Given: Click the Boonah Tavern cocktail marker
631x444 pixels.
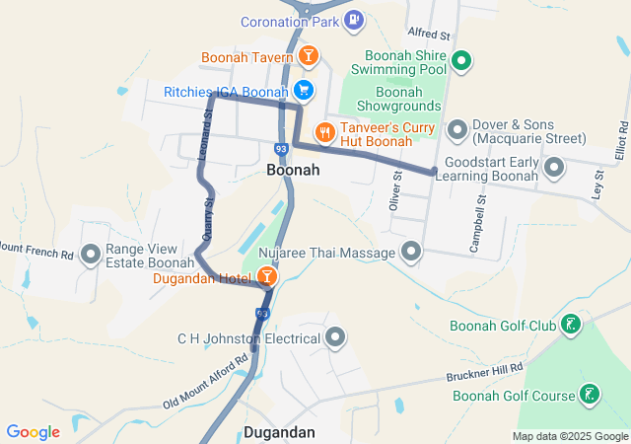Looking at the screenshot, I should [x=308, y=56].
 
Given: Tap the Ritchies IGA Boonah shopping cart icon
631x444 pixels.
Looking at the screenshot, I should [x=304, y=92].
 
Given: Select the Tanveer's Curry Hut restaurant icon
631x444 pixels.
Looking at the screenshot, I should [x=324, y=131].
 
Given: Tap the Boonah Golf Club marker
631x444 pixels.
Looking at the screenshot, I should [x=570, y=325].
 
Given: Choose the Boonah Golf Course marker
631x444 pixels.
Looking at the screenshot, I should [x=590, y=396].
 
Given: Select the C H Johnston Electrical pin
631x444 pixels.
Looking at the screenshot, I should [x=336, y=339].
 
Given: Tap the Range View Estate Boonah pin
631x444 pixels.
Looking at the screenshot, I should [x=92, y=256].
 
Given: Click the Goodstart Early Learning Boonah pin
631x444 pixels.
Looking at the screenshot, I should [x=554, y=168].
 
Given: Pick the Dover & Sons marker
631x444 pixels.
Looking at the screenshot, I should [x=456, y=129].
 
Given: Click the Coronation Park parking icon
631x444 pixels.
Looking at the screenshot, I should [x=355, y=20].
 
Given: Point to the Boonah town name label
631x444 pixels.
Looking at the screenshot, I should [x=293, y=171].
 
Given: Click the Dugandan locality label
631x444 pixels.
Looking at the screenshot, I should [x=279, y=432].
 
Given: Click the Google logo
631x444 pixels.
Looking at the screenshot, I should [x=34, y=432].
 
